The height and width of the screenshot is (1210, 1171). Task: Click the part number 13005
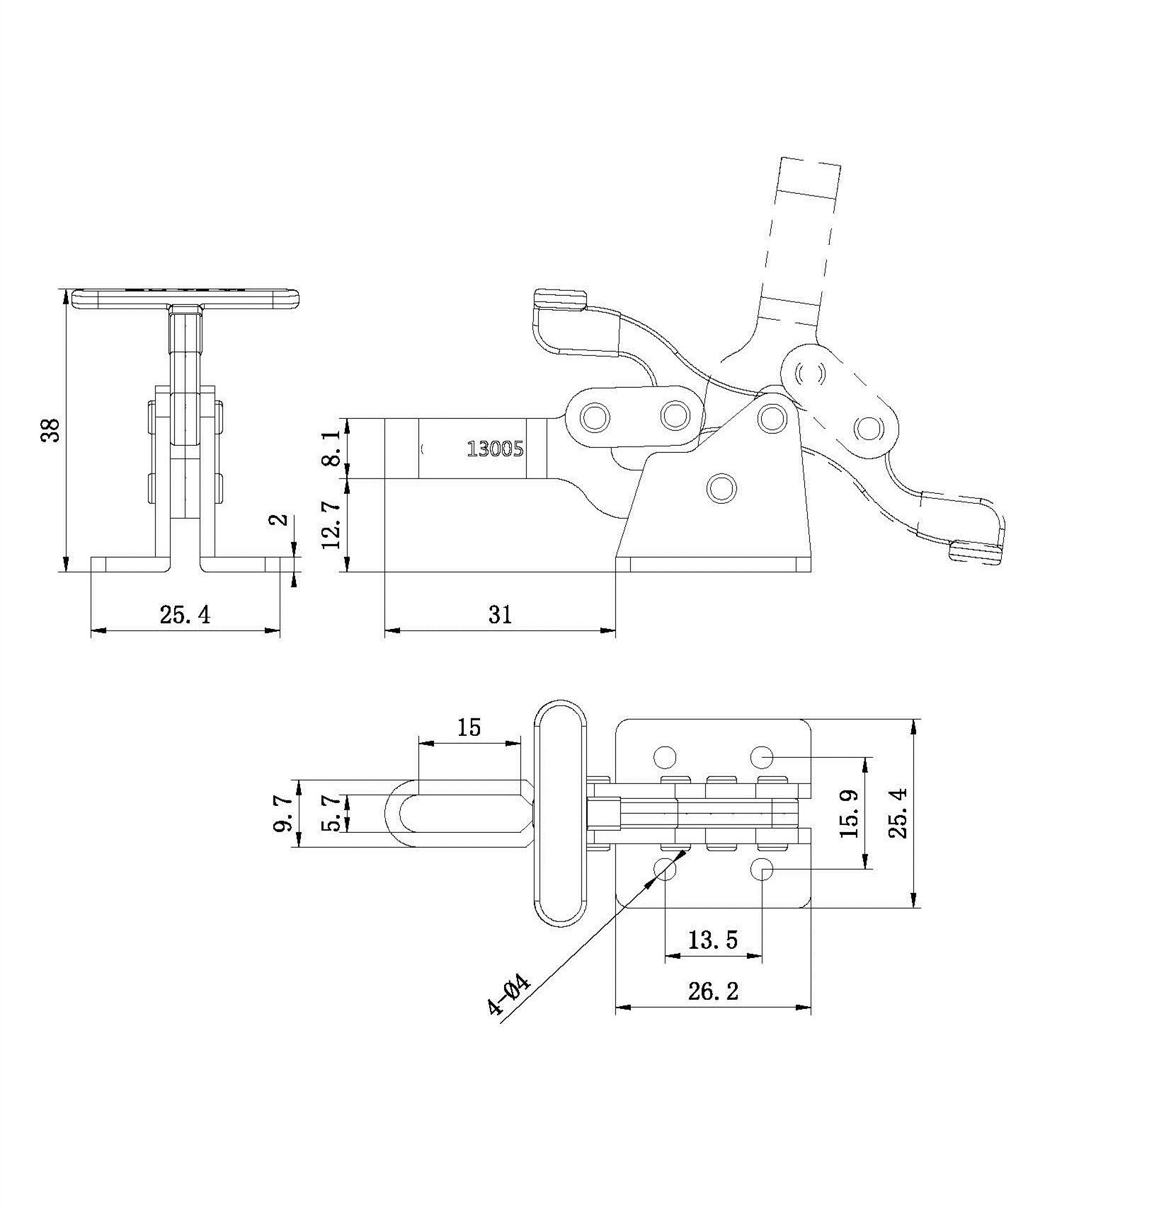tap(495, 448)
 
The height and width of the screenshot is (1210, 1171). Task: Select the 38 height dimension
tap(51, 430)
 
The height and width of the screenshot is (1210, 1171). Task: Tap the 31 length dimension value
tap(500, 614)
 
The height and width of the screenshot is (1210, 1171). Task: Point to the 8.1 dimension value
tap(331, 449)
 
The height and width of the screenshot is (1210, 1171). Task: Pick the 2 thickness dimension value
tap(281, 519)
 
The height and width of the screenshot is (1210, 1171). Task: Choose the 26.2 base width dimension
tap(713, 991)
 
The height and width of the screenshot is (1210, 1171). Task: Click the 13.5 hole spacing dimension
tap(713, 940)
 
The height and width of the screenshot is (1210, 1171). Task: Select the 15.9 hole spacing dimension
tap(849, 813)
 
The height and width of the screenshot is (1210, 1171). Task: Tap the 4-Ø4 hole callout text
tap(508, 996)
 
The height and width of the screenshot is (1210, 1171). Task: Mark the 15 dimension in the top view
tap(469, 727)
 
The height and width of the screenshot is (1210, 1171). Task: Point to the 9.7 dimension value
tap(283, 813)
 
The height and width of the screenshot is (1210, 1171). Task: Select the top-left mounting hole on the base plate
tap(665, 757)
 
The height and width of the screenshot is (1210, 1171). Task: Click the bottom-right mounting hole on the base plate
tap(762, 869)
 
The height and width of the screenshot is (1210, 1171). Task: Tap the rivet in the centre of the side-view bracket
tap(721, 488)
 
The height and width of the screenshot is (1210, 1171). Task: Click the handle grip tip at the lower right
tap(976, 551)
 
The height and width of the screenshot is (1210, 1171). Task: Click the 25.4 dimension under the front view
tap(185, 615)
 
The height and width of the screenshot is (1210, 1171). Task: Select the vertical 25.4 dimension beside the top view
tap(899, 814)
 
